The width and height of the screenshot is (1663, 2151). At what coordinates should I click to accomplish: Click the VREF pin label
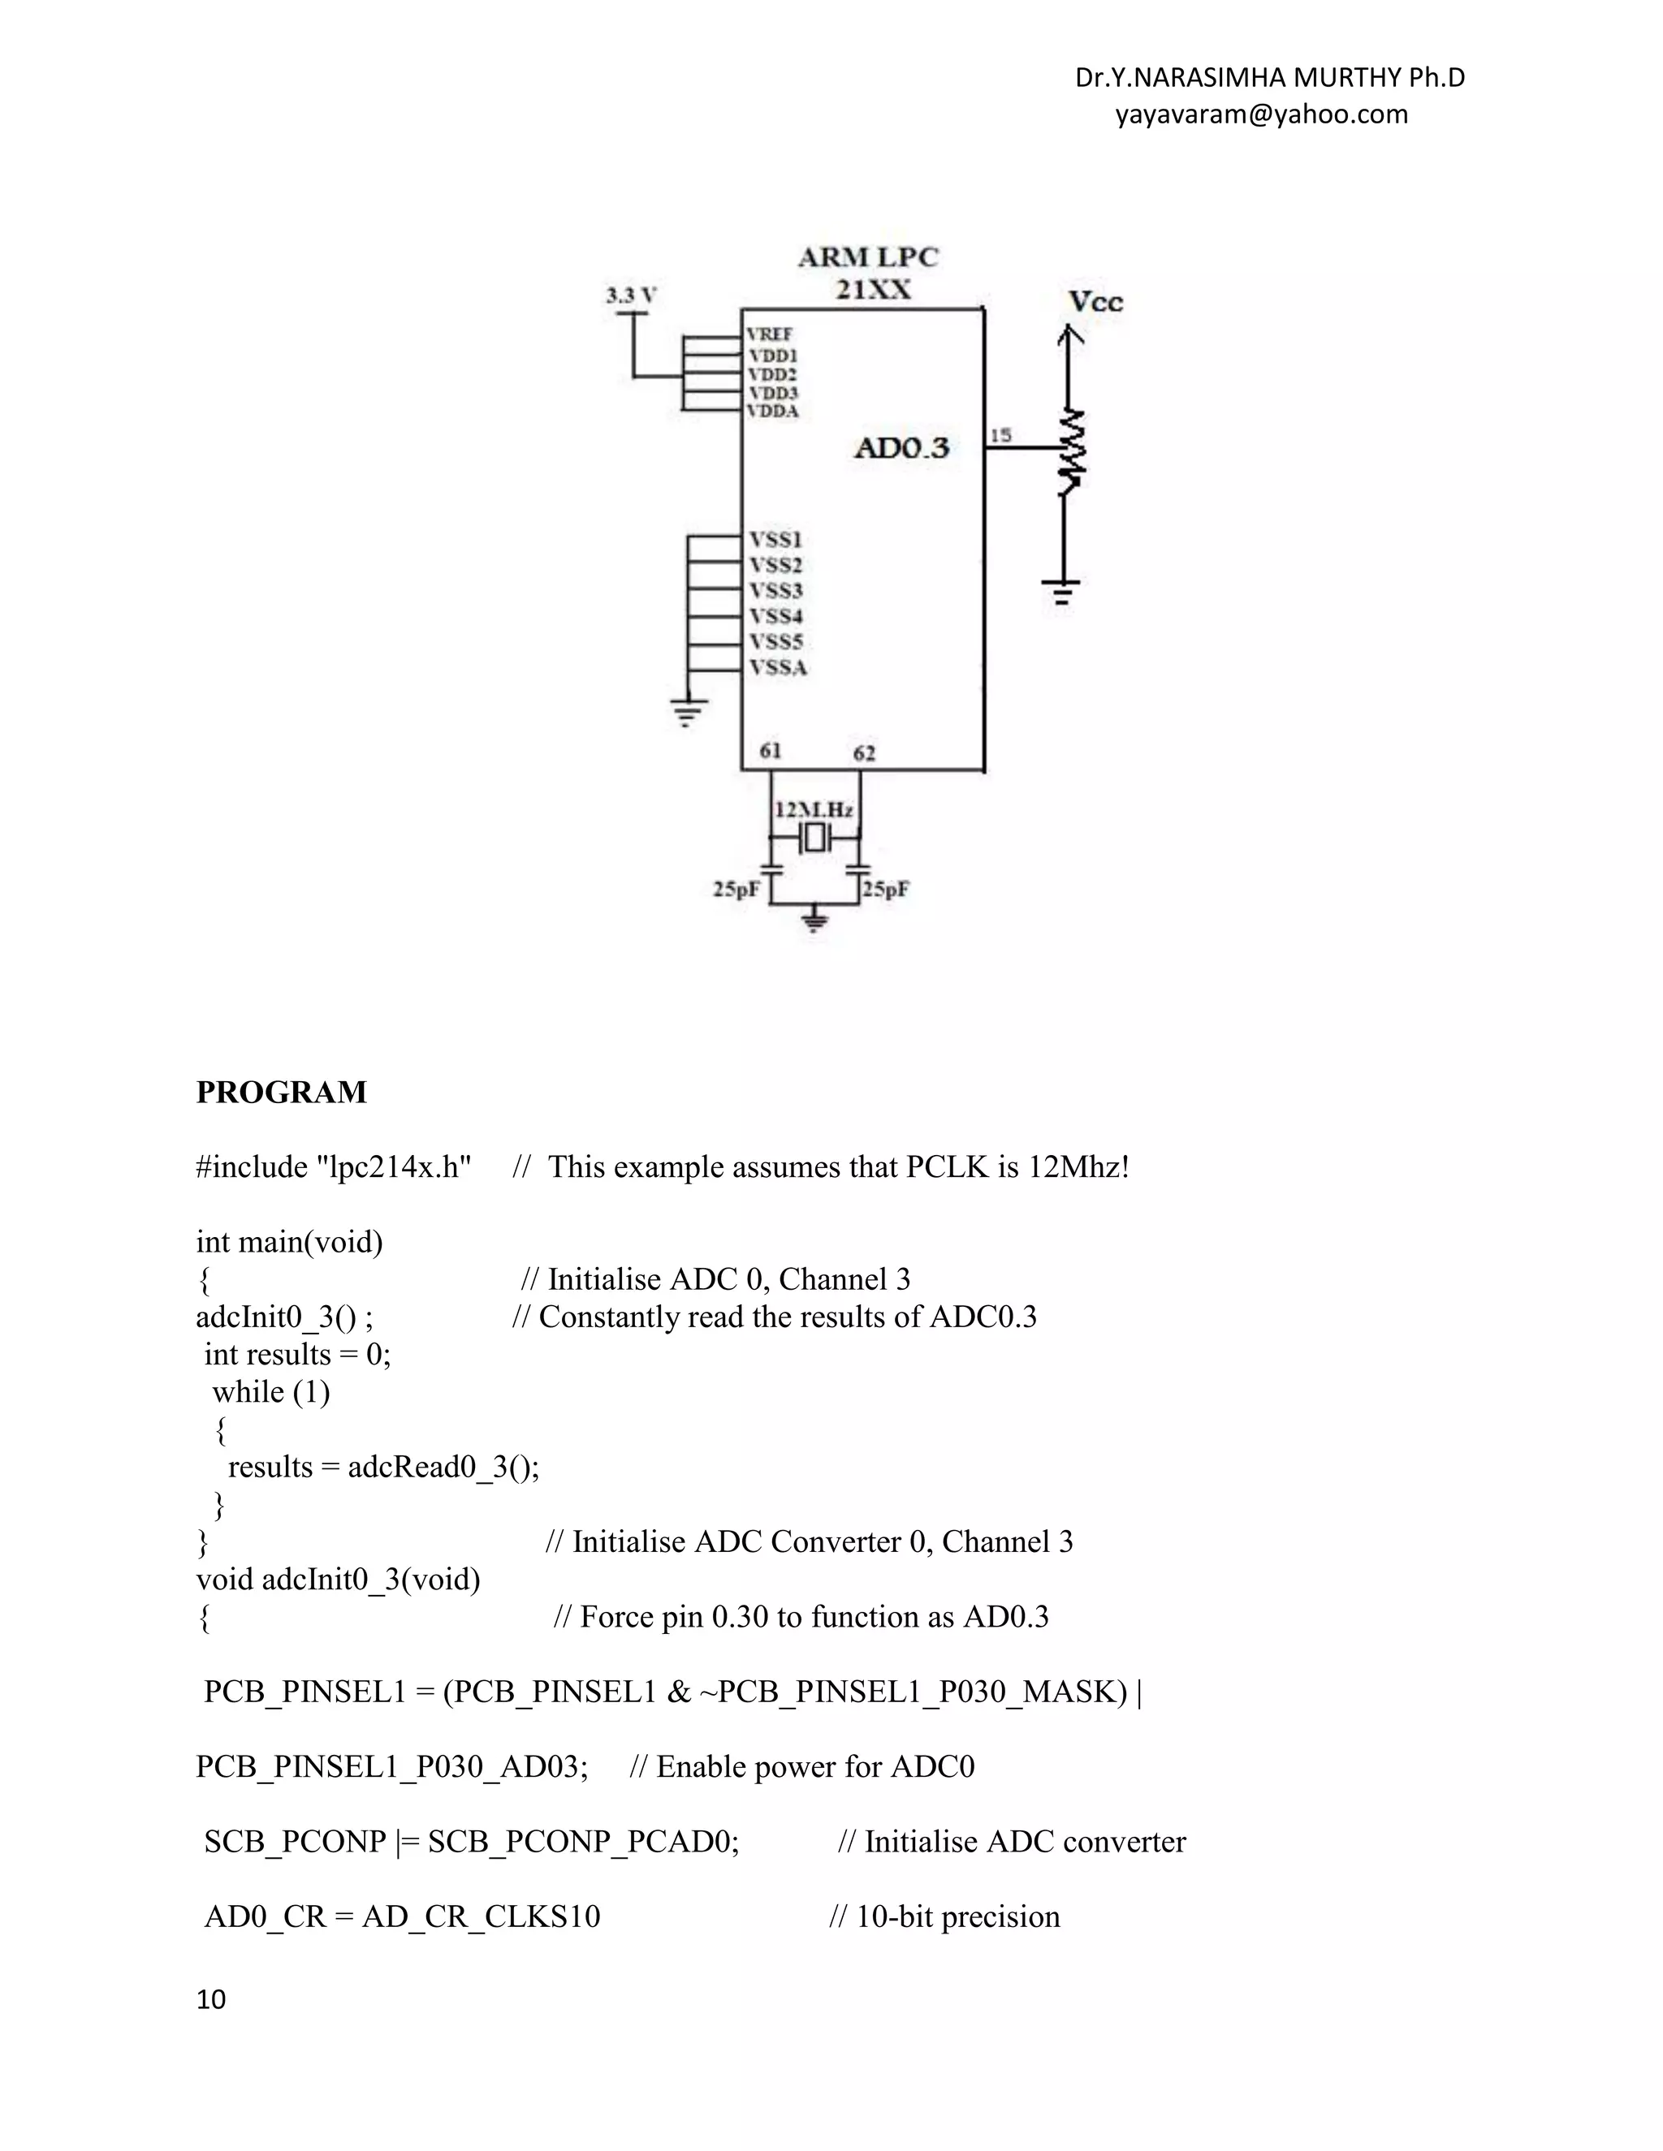(x=770, y=335)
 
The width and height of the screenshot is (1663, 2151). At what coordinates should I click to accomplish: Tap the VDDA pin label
(x=773, y=411)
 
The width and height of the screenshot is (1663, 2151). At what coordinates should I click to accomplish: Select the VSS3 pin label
(x=776, y=590)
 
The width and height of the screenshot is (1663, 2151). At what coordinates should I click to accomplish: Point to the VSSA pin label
(x=778, y=668)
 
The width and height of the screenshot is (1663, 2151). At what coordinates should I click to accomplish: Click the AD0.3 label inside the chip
(x=901, y=448)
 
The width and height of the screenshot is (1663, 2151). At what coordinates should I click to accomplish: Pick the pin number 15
(x=1000, y=434)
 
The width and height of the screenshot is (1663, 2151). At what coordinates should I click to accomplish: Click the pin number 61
(x=771, y=751)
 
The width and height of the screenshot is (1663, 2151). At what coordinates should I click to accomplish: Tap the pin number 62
(x=864, y=753)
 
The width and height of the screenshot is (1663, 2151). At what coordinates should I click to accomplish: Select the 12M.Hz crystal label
(x=814, y=809)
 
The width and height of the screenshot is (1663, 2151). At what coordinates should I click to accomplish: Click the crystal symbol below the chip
(x=814, y=839)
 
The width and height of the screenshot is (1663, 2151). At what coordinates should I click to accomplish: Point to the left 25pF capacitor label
(x=736, y=890)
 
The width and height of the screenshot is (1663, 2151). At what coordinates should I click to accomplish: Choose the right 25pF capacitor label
(x=886, y=890)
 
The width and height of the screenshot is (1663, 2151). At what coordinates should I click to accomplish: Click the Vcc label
(x=1095, y=301)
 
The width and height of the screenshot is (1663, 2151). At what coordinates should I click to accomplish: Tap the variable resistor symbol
(x=1072, y=452)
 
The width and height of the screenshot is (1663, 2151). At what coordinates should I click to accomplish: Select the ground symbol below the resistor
(x=1061, y=591)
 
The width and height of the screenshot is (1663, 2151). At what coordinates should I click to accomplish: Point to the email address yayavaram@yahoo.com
(x=1261, y=114)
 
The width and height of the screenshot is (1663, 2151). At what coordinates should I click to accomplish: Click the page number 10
(x=211, y=1999)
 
